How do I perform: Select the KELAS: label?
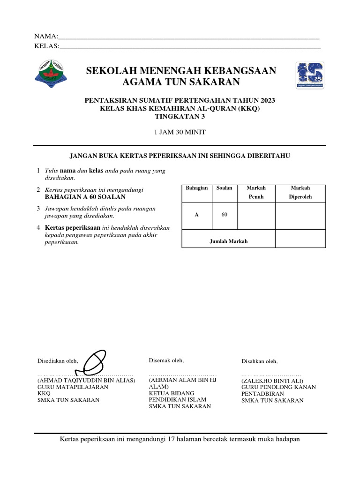[x=47, y=45]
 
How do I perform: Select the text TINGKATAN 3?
[x=180, y=117]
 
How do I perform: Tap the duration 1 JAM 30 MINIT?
[x=180, y=132]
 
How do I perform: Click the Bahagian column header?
[x=197, y=188]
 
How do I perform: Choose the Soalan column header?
[x=225, y=188]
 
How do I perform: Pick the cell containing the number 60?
[x=225, y=215]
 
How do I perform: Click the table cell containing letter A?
[x=197, y=215]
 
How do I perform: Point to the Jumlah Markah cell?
[x=228, y=241]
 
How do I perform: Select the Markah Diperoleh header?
[x=300, y=192]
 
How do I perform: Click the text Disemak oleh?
[x=166, y=360]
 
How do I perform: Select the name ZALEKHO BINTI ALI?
[x=272, y=381]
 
